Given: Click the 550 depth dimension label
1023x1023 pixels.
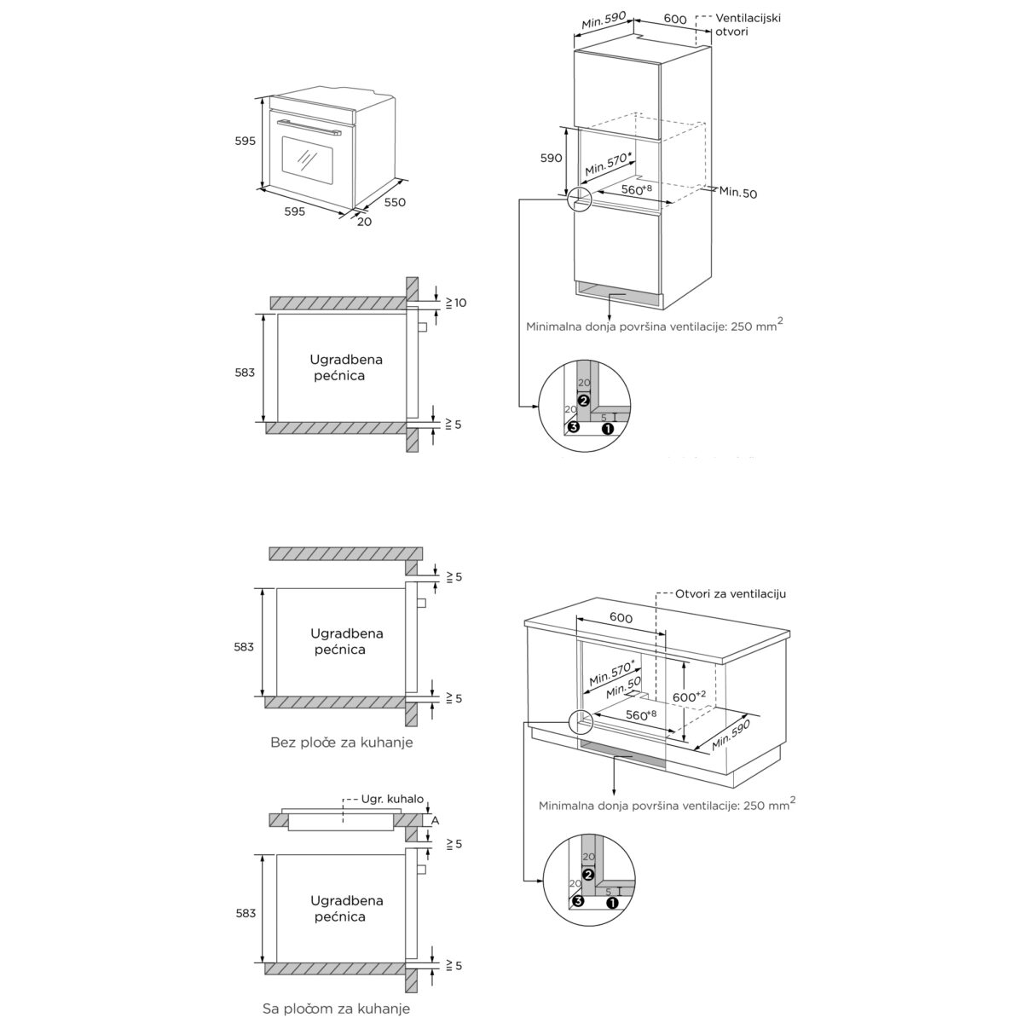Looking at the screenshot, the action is [395, 202].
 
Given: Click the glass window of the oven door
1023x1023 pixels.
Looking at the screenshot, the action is [308, 161].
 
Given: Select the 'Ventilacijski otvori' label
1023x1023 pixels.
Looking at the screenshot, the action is [748, 25].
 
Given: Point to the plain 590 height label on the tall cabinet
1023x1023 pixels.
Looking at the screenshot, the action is [551, 158].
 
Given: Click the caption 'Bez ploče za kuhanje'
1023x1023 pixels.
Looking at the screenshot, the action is [341, 743].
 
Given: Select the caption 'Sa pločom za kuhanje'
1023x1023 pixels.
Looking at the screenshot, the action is [336, 1009].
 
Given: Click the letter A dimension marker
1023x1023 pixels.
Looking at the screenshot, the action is [436, 821].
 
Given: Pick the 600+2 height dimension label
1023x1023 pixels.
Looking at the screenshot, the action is [689, 696].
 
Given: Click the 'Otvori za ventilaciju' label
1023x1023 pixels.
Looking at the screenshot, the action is [731, 593].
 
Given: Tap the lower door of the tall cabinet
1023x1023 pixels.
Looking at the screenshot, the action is [617, 250].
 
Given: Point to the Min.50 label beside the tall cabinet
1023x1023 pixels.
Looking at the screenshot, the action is [738, 192].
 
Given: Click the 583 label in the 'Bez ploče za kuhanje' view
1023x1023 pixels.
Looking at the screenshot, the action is [244, 646].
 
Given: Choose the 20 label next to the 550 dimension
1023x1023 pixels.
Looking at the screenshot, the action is [364, 222].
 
